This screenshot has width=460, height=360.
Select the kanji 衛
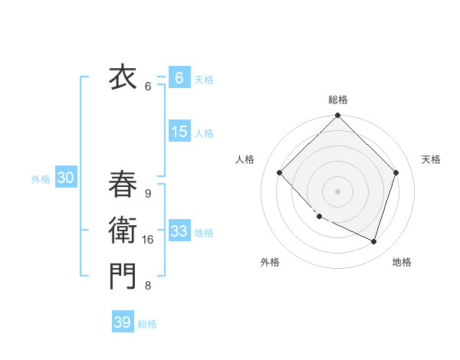(x=122, y=231)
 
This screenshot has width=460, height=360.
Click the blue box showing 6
(x=179, y=77)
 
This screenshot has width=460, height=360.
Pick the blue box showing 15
(x=179, y=132)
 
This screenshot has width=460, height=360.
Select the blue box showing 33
(x=179, y=231)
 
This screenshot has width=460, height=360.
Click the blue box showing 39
(x=123, y=322)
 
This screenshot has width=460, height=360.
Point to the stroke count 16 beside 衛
(x=148, y=240)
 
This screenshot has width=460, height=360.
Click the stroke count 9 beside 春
(x=148, y=194)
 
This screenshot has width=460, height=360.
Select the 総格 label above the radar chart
(x=338, y=100)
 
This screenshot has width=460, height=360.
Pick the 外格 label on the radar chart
(x=270, y=262)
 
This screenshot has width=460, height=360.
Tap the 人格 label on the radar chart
(x=245, y=159)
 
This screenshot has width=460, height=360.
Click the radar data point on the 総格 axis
(x=338, y=116)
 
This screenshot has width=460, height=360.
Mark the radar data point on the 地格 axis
(x=373, y=241)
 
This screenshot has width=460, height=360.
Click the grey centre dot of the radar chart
(x=338, y=191)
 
